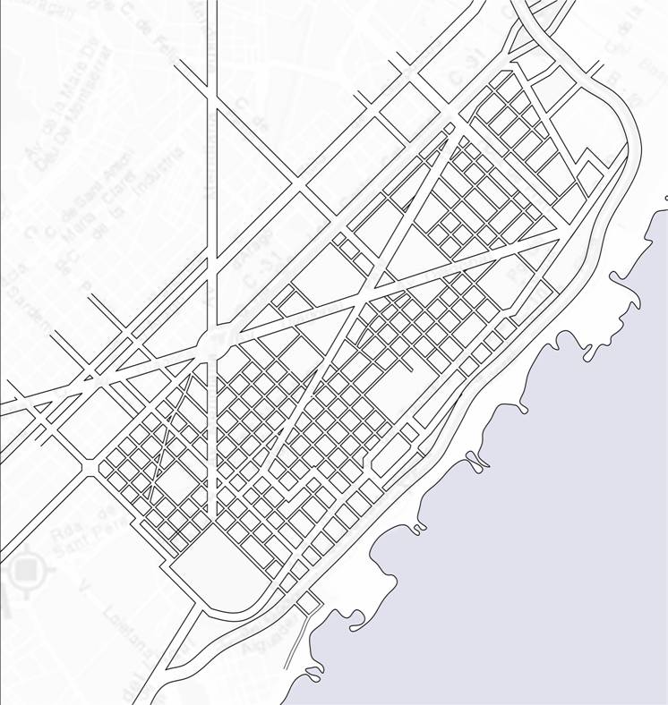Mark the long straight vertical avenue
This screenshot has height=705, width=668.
pyautogui.click(x=212, y=179)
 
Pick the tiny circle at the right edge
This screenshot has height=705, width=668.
pyautogui.click(x=666, y=197)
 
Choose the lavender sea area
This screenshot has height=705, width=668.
pyautogui.click(x=555, y=537)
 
